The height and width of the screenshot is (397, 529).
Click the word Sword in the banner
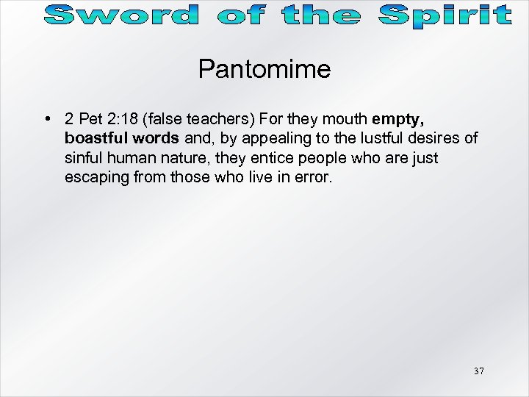[119, 15]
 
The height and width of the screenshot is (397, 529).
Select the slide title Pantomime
[264, 70]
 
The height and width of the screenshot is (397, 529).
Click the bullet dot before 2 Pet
[46, 119]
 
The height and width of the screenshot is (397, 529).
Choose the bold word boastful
[92, 138]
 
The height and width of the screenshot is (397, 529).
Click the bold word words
[151, 138]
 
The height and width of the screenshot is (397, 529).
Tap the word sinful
[84, 158]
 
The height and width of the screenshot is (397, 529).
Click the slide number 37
[478, 371]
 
